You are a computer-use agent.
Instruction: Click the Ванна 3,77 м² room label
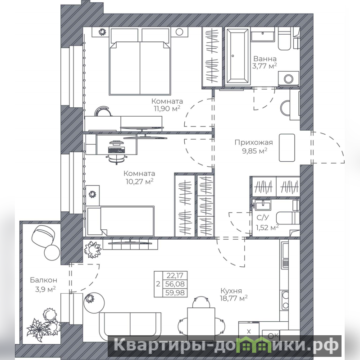(x=264, y=63)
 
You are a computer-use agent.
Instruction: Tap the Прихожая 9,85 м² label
(x=254, y=147)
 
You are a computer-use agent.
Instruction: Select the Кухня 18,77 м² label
(x=234, y=295)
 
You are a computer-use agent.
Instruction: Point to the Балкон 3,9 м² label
(x=44, y=284)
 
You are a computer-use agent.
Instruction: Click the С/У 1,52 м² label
(x=267, y=223)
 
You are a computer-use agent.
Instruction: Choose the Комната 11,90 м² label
(x=167, y=105)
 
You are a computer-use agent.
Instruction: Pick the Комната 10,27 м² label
(x=139, y=177)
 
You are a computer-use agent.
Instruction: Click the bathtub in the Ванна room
(x=237, y=56)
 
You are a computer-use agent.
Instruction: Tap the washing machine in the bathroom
(x=289, y=79)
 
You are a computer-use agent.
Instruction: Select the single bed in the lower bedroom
(x=121, y=221)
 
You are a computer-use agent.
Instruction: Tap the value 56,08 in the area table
(x=175, y=284)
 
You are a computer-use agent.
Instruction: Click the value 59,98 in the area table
(x=175, y=293)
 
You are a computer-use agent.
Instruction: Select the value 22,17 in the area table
(x=175, y=275)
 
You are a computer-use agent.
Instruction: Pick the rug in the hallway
(x=287, y=148)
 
